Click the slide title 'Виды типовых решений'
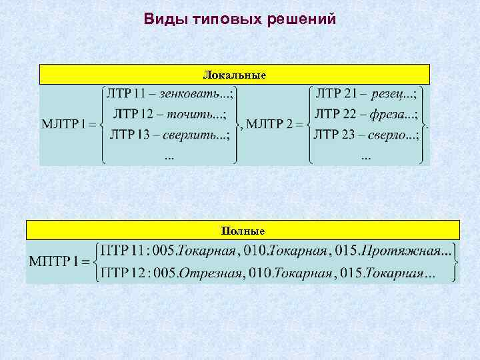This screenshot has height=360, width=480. coord(240,19)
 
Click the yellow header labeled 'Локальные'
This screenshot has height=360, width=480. coord(234,75)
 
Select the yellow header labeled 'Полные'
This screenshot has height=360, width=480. coord(243,231)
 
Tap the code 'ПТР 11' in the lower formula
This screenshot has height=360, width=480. coord(123,251)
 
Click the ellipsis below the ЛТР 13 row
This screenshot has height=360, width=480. coord(169,157)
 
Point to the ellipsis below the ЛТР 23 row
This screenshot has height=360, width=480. coord(366,157)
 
